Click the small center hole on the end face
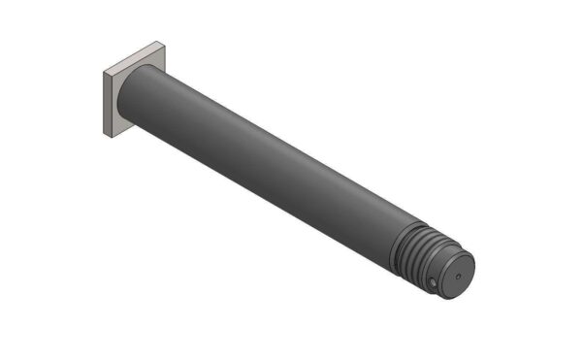(458, 277)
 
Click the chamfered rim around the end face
(470, 262)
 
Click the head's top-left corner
(102, 69)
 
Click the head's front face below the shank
(121, 124)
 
